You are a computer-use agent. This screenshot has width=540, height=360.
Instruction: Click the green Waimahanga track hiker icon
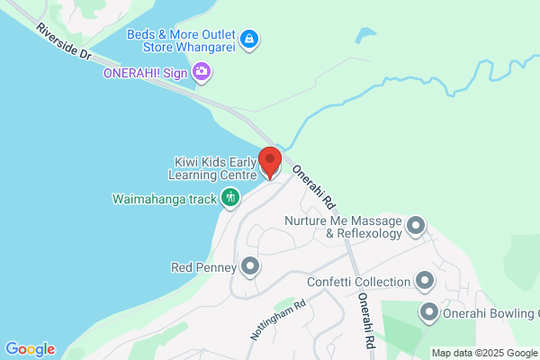point(230,196)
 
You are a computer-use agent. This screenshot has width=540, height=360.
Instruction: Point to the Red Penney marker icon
point(250,266)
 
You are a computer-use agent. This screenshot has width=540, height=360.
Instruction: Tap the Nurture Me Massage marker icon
point(415,225)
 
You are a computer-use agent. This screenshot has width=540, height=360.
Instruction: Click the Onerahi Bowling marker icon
point(429,312)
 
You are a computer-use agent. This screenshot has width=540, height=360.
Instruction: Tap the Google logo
point(30,349)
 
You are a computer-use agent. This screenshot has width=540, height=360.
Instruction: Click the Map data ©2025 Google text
point(484,353)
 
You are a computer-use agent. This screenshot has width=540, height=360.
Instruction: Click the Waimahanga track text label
point(165,197)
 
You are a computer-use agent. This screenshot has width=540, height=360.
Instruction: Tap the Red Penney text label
point(203,267)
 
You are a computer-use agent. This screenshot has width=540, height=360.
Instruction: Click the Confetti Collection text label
point(358,282)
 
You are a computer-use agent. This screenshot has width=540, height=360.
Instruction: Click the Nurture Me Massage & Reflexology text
point(346,227)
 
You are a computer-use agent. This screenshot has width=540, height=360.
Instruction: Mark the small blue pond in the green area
point(365,37)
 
